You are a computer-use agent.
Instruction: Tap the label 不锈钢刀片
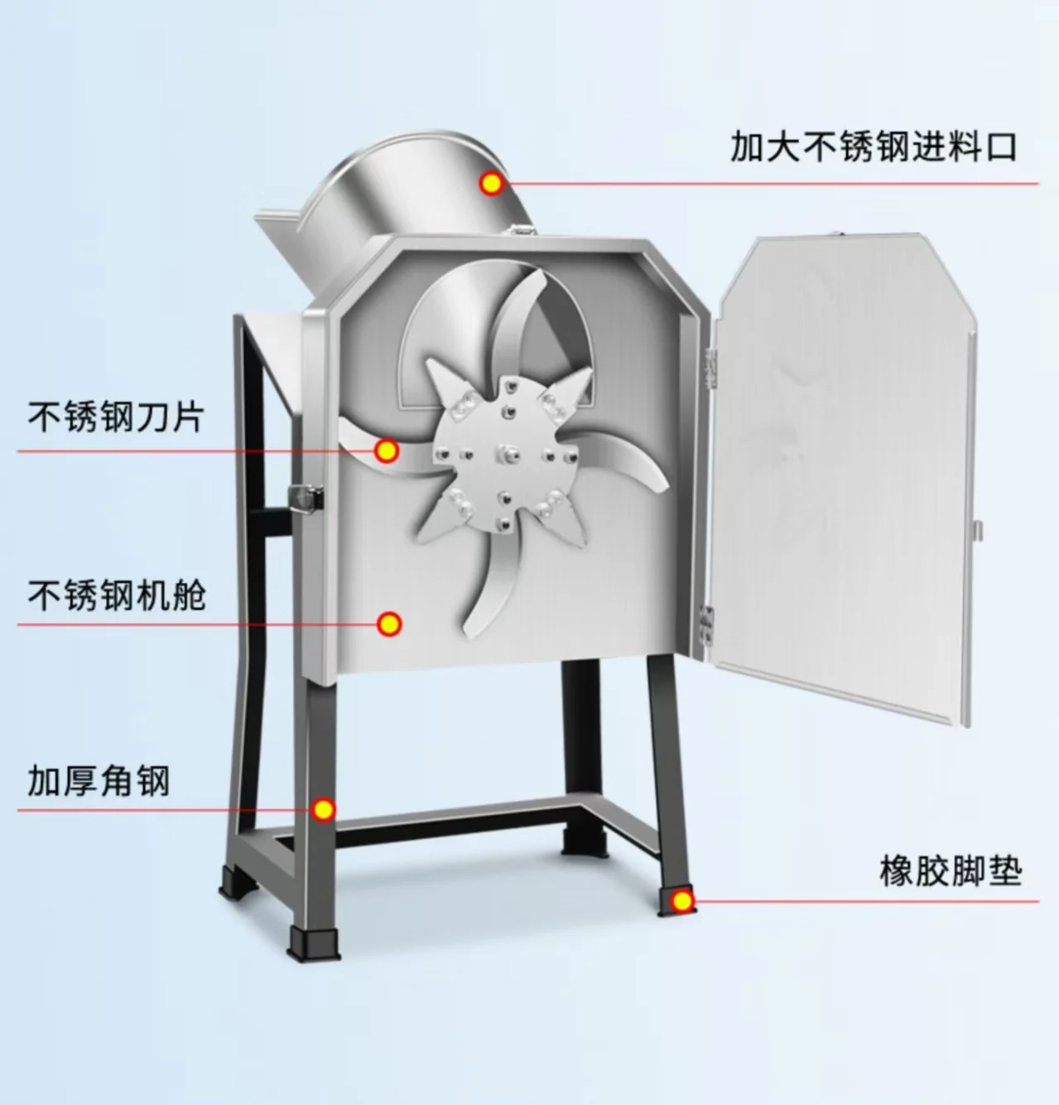(115, 416)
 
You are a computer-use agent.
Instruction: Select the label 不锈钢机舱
(117, 595)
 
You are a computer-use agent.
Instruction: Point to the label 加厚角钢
(99, 780)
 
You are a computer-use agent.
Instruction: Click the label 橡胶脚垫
(951, 871)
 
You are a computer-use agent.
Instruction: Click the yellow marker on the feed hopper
(492, 183)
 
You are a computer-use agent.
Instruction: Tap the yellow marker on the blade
(387, 451)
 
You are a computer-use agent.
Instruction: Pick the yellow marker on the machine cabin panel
(388, 624)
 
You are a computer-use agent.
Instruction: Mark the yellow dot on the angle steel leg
(324, 809)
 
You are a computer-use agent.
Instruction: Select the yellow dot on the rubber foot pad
(681, 900)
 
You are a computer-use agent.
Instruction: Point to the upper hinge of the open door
(710, 364)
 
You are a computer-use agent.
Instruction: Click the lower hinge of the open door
(706, 622)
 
